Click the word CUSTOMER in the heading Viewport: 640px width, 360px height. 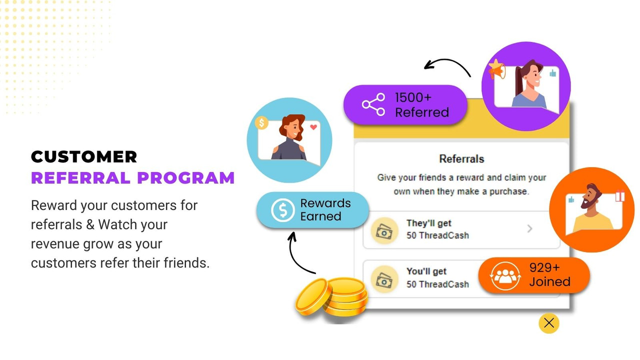pyautogui.click(x=84, y=157)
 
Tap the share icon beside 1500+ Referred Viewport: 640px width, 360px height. pyautogui.click(x=374, y=104)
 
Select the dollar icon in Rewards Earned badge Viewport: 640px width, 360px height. pyautogui.click(x=283, y=210)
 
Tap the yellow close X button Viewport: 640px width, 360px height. pyautogui.click(x=548, y=323)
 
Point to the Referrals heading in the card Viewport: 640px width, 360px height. pyautogui.click(x=461, y=159)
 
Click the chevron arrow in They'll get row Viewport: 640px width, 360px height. pyautogui.click(x=530, y=229)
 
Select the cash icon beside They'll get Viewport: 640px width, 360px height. pyautogui.click(x=384, y=230)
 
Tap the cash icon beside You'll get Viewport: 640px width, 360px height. pyautogui.click(x=384, y=278)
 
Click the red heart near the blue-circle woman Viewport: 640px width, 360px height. pyautogui.click(x=313, y=127)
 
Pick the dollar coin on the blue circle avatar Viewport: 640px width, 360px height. pyautogui.click(x=261, y=122)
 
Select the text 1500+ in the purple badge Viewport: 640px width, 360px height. pyautogui.click(x=413, y=97)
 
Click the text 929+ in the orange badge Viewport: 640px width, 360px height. pyautogui.click(x=544, y=267)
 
